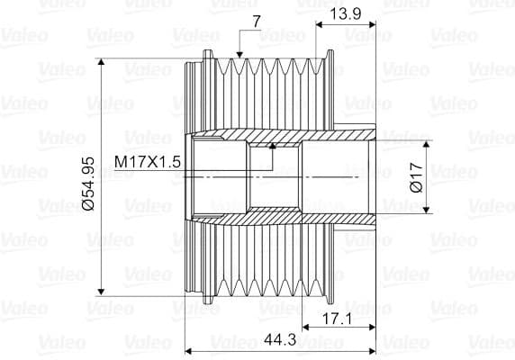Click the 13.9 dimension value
pyautogui.click(x=345, y=13)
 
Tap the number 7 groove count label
pyautogui.click(x=257, y=22)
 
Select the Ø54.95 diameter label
pyautogui.click(x=88, y=184)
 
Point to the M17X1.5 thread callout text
pyautogui.click(x=148, y=162)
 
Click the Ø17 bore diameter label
pyautogui.click(x=417, y=177)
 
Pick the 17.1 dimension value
pyautogui.click(x=337, y=319)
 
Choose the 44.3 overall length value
pyautogui.click(x=280, y=339)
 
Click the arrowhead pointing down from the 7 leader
pyautogui.click(x=239, y=55)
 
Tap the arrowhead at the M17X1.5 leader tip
pyautogui.click(x=273, y=146)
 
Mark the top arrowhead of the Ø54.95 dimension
pyautogui.click(x=101, y=62)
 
